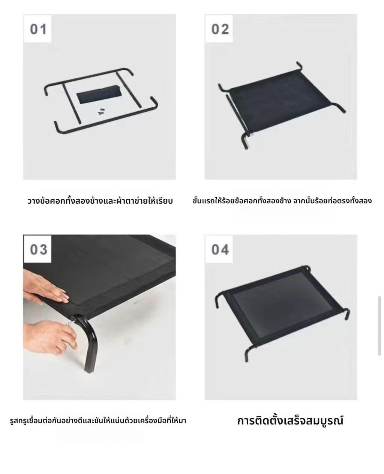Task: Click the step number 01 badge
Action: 37,29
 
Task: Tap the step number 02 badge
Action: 219,29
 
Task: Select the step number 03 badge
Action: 37,249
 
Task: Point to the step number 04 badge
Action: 219,249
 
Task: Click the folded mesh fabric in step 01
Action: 99,94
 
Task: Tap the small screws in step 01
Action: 102,111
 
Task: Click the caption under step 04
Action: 290,421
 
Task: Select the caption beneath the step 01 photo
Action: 100,201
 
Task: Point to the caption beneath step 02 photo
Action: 282,201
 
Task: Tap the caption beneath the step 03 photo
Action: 98,421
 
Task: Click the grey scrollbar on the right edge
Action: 379,326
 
